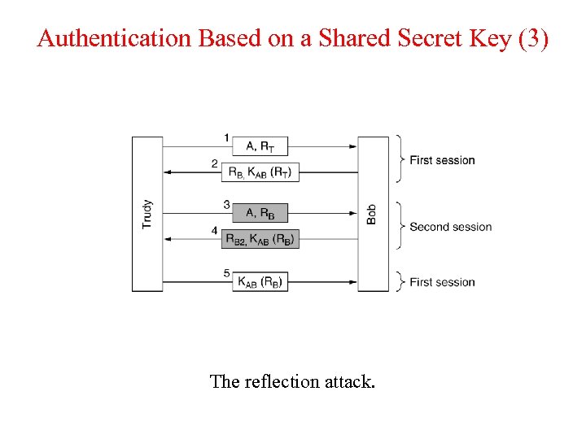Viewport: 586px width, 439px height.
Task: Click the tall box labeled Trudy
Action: [x=147, y=214]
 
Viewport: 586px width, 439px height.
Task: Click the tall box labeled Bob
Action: [x=374, y=214]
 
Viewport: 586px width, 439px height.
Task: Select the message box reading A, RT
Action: [x=260, y=146]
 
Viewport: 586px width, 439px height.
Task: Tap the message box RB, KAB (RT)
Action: [x=261, y=172]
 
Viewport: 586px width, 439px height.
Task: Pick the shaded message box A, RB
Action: [x=260, y=214]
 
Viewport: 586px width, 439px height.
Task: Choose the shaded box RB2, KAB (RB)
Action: [x=260, y=239]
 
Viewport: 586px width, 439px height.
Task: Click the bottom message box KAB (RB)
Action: [x=260, y=282]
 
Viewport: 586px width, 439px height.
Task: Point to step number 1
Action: [x=227, y=137]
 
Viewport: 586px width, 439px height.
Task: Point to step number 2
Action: [x=215, y=163]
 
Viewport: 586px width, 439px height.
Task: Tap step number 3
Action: [x=227, y=205]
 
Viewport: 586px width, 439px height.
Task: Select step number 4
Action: [x=215, y=231]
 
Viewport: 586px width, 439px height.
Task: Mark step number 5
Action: [x=227, y=273]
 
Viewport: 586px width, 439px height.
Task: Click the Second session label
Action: [x=450, y=227]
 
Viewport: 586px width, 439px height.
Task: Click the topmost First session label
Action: [x=442, y=160]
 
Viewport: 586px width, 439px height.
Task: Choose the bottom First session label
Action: [x=442, y=282]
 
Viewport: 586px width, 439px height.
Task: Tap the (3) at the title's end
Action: [x=533, y=38]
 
